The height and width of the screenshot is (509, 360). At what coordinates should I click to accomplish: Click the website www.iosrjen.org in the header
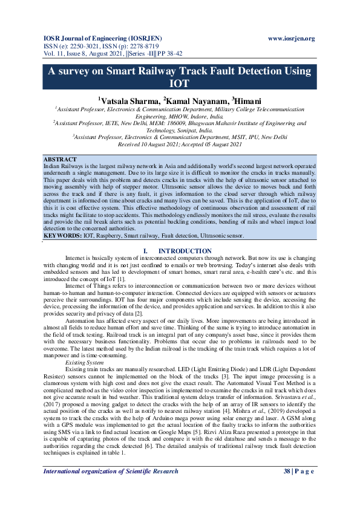(292, 39)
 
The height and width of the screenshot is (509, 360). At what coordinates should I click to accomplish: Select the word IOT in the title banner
(180, 83)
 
